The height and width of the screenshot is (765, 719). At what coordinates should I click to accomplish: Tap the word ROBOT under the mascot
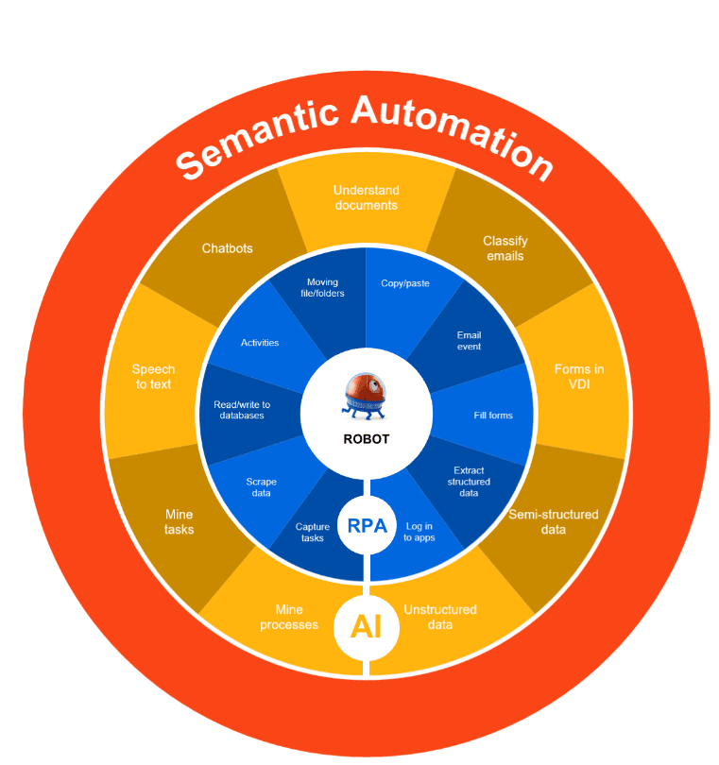(367, 439)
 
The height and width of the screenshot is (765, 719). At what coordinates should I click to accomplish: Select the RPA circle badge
(367, 526)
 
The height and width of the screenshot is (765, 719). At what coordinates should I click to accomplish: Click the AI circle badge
(367, 625)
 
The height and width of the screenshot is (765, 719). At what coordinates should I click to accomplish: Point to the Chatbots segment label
(228, 248)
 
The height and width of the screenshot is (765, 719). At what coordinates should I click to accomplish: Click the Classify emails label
(505, 248)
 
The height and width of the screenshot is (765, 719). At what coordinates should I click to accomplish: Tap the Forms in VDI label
(579, 376)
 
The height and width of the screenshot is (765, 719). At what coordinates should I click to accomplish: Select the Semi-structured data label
(554, 521)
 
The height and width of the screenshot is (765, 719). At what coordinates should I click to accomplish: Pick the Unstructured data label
(440, 617)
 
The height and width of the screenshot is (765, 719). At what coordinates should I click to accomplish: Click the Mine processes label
(289, 617)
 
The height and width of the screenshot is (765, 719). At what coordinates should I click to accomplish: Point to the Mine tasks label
(179, 521)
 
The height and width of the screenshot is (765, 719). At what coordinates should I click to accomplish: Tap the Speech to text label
(153, 376)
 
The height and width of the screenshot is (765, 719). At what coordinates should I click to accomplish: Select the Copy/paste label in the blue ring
(405, 282)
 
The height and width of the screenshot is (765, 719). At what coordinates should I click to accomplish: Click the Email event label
(469, 340)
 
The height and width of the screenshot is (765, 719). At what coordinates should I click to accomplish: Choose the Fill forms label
(493, 415)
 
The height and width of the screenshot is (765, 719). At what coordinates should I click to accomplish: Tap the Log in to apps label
(419, 532)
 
